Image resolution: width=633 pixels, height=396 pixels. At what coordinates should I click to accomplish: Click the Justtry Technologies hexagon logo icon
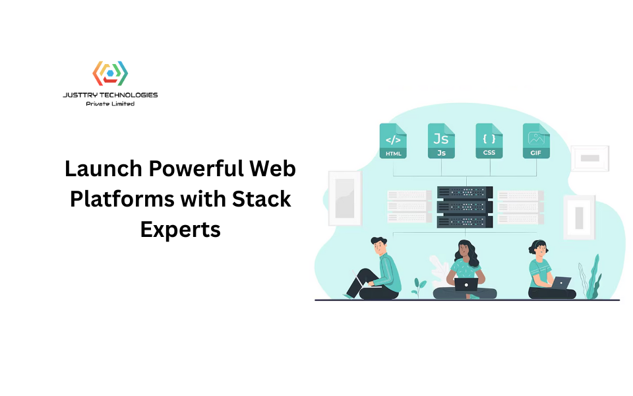110,73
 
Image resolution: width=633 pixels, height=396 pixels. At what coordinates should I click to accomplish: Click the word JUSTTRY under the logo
78,95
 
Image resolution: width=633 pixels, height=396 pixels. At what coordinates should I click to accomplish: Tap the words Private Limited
110,104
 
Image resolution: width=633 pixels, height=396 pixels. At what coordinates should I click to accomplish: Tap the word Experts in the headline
180,229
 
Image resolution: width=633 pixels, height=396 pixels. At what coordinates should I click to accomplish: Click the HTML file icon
393,141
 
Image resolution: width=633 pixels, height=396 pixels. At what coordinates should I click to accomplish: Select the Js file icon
440,141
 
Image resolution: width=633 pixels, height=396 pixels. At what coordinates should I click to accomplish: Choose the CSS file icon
489,141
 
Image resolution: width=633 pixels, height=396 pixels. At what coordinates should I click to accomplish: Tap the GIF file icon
536,141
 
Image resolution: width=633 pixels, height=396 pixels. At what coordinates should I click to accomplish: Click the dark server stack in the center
465,207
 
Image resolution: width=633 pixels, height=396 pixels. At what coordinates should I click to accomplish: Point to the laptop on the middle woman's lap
466,284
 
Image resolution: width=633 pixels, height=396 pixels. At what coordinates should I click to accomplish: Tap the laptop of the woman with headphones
561,282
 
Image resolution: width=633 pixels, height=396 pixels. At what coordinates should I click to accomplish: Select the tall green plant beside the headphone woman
593,277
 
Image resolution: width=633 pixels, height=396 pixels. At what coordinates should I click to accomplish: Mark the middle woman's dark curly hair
464,251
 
